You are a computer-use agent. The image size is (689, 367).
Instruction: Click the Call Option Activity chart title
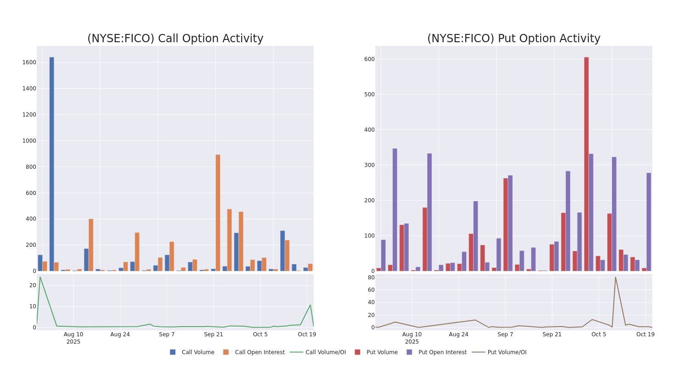click(x=175, y=39)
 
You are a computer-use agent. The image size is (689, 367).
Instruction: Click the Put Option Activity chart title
click(x=514, y=39)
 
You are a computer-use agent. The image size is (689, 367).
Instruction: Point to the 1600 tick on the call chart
click(x=29, y=62)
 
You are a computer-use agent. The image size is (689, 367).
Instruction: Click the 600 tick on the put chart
click(x=369, y=59)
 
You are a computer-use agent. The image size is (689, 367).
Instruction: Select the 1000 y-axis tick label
click(x=29, y=141)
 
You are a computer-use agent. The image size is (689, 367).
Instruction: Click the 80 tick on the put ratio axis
click(x=371, y=277)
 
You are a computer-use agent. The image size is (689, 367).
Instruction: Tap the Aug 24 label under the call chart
click(x=120, y=334)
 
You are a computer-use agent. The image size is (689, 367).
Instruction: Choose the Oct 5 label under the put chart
click(x=599, y=334)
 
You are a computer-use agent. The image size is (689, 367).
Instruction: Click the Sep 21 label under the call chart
click(x=214, y=334)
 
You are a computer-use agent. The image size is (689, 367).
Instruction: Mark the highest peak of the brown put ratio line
click(x=616, y=277)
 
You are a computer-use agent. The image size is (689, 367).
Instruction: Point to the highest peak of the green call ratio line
click(x=40, y=277)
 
